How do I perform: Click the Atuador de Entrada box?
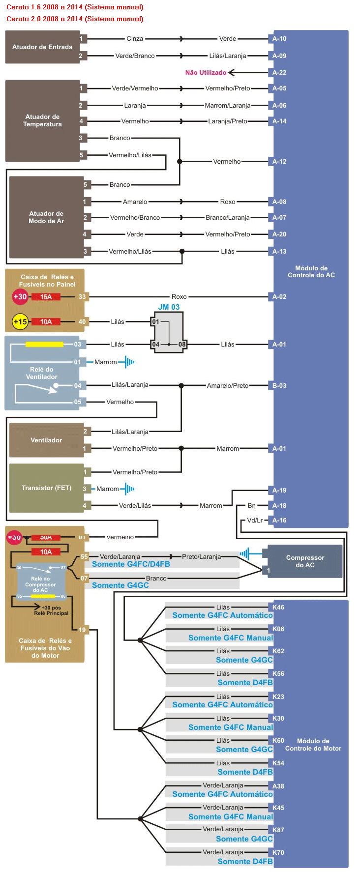pos(42,47)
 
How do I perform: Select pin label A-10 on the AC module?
pos(279,39)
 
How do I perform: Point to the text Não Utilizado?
pos(206,73)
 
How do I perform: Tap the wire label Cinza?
pos(135,39)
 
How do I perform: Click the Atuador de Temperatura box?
pos(42,120)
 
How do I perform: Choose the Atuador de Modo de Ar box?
pos(46,217)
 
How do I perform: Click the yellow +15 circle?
pos(20,322)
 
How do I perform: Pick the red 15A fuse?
pos(46,297)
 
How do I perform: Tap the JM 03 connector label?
pos(169,307)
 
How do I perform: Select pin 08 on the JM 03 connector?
pos(182,345)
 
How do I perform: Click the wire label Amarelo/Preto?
pos(228,386)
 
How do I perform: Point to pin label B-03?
pos(279,386)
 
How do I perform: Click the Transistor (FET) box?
pos(46,488)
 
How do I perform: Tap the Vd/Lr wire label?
pos(255,521)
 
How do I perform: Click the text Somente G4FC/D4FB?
pos(131,564)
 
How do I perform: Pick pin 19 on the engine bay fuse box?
pos(82,630)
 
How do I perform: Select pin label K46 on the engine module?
pos(278,608)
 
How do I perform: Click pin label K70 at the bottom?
pos(278,853)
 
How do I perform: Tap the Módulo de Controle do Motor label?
pos(313,745)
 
